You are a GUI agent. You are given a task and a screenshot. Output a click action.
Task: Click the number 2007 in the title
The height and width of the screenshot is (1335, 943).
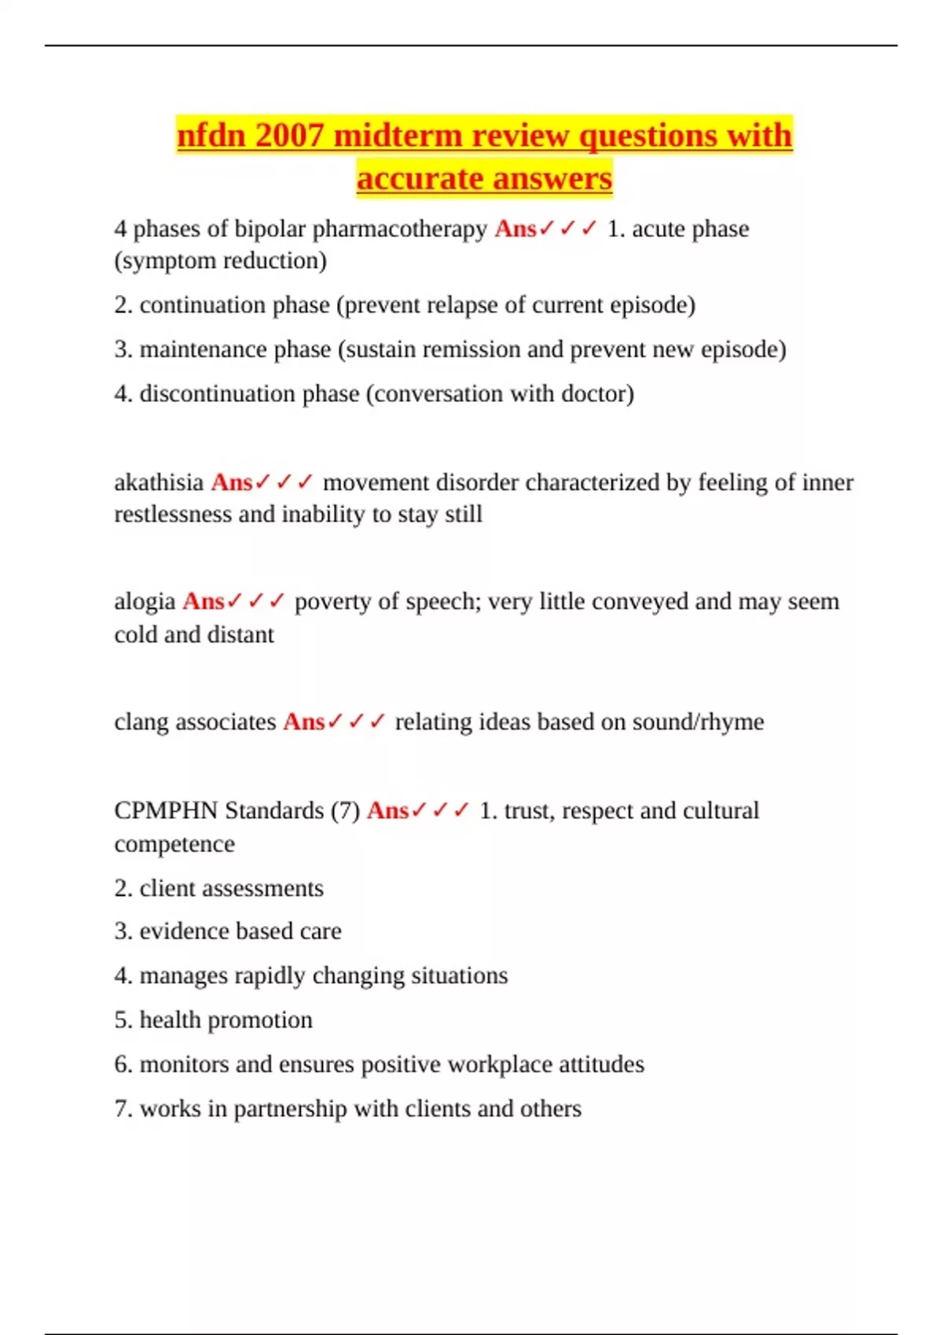(289, 135)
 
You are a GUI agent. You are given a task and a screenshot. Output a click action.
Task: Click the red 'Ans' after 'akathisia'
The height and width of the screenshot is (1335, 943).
(231, 482)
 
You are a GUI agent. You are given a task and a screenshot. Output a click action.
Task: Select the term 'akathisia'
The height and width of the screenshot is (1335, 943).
(159, 482)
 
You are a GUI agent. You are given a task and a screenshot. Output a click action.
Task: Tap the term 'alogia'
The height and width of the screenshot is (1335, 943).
(145, 602)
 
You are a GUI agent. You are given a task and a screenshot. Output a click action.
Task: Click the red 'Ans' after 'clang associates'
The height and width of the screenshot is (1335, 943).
(303, 722)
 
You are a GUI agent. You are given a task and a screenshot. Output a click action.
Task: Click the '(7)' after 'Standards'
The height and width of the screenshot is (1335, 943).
(345, 810)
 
